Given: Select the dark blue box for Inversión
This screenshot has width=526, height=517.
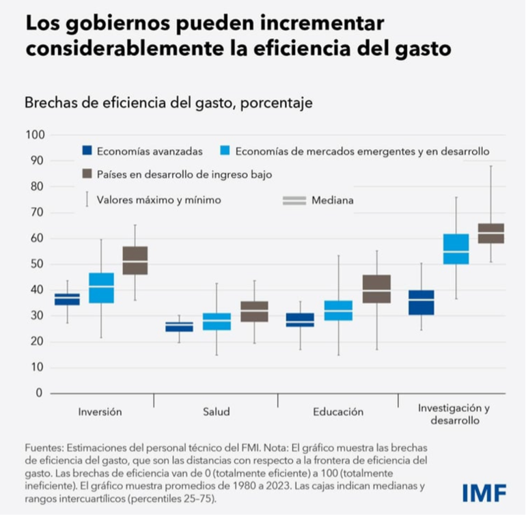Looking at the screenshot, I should click(67, 299).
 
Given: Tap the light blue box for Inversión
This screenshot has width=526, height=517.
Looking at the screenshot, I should click(101, 288).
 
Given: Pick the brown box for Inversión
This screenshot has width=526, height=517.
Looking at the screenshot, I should click(135, 260).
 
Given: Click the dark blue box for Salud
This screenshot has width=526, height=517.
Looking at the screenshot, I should click(180, 326).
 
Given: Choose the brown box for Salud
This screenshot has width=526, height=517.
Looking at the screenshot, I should click(255, 311).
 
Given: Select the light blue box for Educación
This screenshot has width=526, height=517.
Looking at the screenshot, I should click(338, 310).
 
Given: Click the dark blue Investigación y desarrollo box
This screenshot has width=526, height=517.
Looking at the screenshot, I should click(421, 303).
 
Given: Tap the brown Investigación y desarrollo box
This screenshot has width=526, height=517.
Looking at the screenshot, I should click(490, 233).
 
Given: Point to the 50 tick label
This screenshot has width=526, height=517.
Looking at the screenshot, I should click(37, 264).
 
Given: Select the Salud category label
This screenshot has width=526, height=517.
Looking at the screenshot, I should click(217, 412).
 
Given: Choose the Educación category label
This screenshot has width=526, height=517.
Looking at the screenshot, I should click(338, 412).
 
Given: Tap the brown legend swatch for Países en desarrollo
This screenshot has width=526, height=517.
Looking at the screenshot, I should click(86, 174).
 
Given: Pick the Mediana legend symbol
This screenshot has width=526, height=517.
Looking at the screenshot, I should click(294, 200).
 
